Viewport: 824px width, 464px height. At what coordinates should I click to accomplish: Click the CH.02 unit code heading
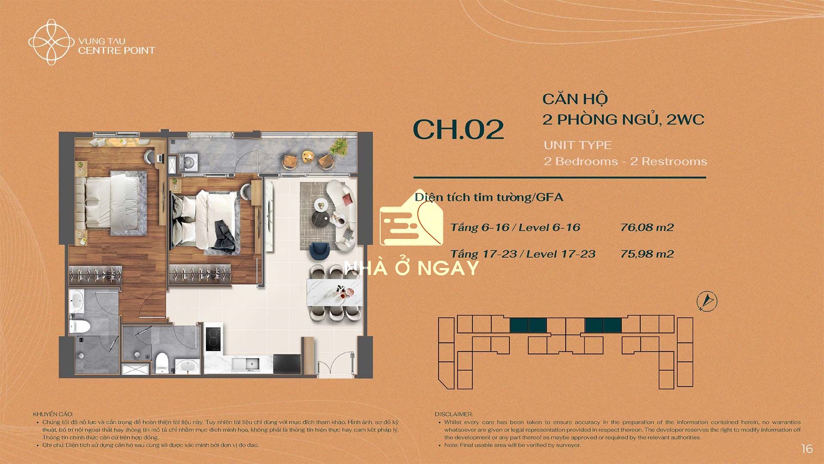[458, 129]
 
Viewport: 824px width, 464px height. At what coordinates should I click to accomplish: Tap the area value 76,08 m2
[647, 227]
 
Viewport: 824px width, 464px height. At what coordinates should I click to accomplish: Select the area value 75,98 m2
[647, 254]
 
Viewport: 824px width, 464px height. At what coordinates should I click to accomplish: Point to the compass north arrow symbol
[707, 301]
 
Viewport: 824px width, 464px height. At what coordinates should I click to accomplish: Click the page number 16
[807, 449]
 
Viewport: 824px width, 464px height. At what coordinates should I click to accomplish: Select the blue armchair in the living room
[319, 251]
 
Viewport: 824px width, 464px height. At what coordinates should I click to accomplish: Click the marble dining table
[334, 292]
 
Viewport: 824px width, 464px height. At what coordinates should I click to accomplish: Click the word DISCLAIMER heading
[454, 415]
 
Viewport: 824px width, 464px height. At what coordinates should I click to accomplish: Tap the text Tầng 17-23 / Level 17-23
[523, 254]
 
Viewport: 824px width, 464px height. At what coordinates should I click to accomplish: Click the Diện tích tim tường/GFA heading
[489, 197]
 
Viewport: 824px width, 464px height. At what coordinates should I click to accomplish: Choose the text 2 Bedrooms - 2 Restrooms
[625, 162]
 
